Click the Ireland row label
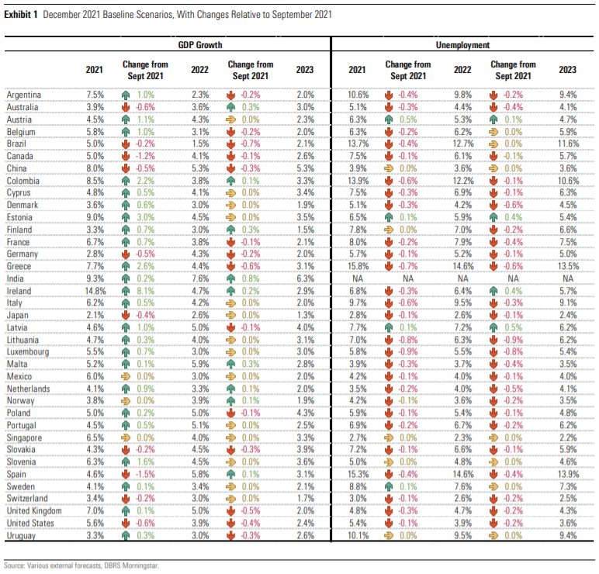click(19, 291)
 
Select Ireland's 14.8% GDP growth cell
click(95, 291)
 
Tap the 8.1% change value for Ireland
click(146, 291)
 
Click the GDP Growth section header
click(200, 45)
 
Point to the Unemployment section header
click(462, 45)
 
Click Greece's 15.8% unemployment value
click(358, 266)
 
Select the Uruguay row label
click(21, 535)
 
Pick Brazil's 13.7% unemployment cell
click(358, 143)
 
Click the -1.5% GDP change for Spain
click(146, 474)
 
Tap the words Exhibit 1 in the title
click(21, 15)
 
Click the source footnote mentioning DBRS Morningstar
click(81, 565)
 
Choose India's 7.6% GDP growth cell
click(200, 278)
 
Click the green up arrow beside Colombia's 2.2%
click(125, 181)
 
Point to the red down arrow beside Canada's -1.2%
click(125, 156)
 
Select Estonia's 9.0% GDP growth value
click(95, 217)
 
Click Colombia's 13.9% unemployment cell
click(358, 181)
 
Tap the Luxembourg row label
click(28, 351)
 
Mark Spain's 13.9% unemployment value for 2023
click(568, 474)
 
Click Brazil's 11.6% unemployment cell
click(568, 143)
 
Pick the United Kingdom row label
click(34, 511)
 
